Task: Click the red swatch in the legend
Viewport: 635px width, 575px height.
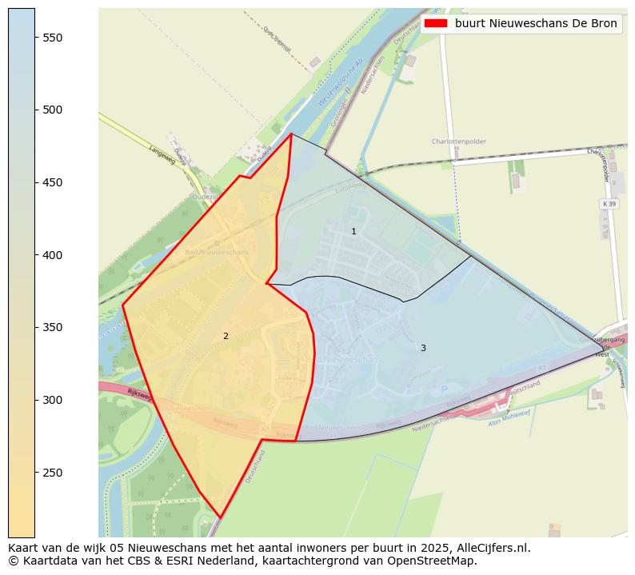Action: pos(436,23)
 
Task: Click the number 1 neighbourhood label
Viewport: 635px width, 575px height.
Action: pos(353,231)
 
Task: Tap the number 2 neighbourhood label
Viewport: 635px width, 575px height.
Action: pos(226,336)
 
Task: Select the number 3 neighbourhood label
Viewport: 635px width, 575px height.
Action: pos(423,348)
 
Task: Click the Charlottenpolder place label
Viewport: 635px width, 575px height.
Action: pos(458,142)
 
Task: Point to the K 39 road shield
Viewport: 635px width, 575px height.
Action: pos(609,204)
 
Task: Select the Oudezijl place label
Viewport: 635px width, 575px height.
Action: pos(206,196)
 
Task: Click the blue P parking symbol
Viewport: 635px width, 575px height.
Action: pos(445,390)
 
